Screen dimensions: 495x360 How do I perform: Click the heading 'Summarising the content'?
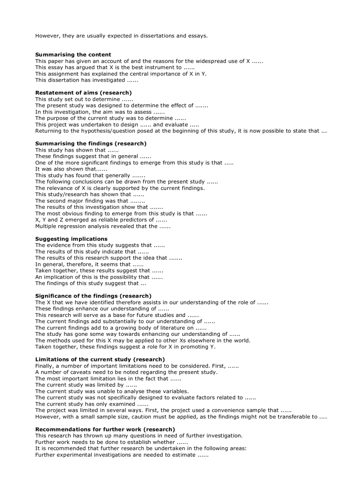73,55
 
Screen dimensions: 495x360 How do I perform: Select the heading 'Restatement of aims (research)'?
83,93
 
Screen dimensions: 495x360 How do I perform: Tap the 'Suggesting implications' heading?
71,239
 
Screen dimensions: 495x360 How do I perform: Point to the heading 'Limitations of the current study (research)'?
100,360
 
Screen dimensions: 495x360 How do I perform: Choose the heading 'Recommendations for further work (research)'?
105,429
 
